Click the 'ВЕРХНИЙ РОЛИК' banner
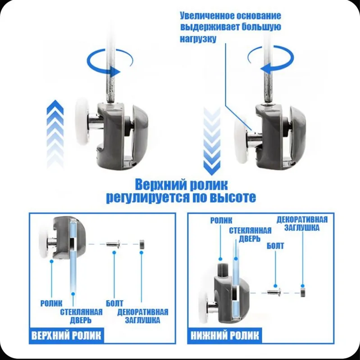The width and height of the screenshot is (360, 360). [66, 335]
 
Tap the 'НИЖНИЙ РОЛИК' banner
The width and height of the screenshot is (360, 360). [224, 335]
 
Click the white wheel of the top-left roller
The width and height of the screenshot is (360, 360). [82, 121]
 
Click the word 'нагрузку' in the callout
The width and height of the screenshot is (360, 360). [198, 39]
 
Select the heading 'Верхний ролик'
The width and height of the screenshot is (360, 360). [181, 184]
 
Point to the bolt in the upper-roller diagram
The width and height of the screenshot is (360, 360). [114, 244]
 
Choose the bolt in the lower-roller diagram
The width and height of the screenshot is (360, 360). [274, 292]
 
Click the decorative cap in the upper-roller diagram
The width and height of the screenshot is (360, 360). [141, 244]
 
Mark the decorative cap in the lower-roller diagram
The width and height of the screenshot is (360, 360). [303, 291]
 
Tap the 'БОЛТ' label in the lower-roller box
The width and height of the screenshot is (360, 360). [275, 246]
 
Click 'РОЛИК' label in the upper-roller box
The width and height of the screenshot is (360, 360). [51, 303]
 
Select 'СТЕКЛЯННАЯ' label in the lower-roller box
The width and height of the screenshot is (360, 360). [250, 230]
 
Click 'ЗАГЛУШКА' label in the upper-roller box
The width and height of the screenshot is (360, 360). [142, 320]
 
